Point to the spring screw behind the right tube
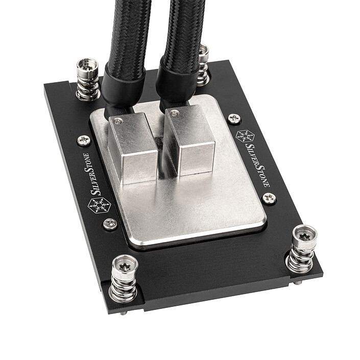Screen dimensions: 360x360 coord(203,64)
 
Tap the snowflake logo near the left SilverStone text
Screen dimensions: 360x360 coord(99,205)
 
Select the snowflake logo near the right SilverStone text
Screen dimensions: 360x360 coord(245,136)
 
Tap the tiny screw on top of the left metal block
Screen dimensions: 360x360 coord(118,120)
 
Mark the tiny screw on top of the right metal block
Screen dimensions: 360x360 coord(175,113)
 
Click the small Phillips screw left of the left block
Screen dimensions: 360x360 coord(84,140)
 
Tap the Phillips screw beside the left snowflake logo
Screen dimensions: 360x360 coord(110,223)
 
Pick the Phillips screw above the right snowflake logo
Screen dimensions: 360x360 coord(234,118)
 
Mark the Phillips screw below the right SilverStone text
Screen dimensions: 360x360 coord(268,198)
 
